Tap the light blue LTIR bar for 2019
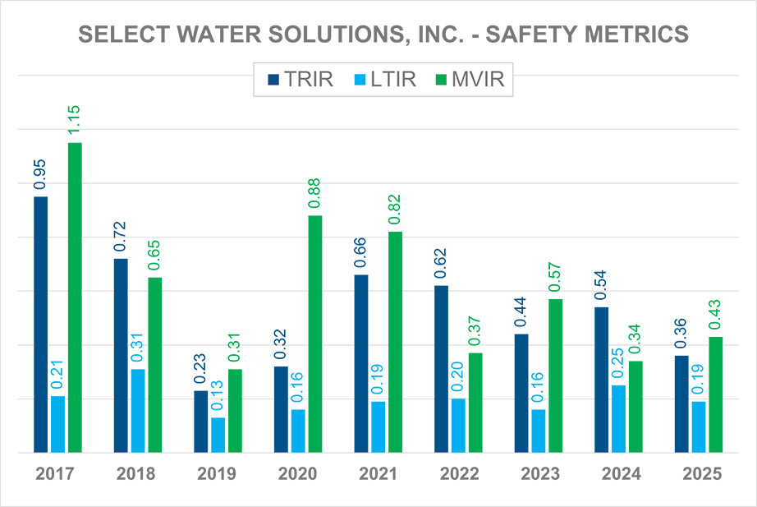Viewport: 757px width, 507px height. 218,435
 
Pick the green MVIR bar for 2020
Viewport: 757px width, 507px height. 315,334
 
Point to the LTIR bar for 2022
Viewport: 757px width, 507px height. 458,425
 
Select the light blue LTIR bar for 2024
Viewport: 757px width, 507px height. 618,418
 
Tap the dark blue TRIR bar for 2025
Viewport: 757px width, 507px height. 681,403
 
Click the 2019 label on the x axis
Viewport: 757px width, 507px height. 217,474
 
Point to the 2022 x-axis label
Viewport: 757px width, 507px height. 458,474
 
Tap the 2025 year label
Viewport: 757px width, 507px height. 700,474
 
